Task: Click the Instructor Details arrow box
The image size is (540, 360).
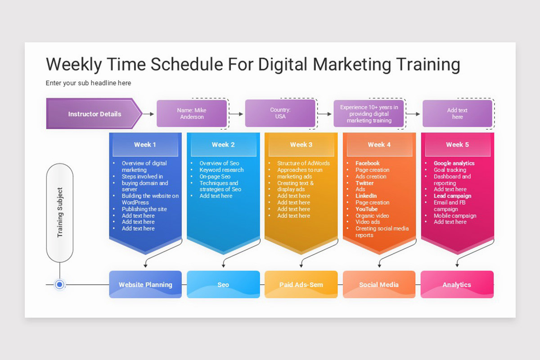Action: click(94, 113)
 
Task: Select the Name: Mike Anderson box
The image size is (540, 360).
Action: click(192, 113)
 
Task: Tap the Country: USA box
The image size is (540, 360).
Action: click(280, 113)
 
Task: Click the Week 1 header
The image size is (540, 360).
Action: click(145, 145)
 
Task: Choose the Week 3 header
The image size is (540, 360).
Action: click(301, 145)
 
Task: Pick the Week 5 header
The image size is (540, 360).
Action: click(457, 145)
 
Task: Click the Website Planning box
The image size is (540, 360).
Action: click(145, 284)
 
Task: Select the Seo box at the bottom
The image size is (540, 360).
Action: click(223, 284)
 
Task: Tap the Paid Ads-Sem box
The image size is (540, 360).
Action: click(301, 284)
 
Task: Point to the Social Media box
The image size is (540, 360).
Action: click(379, 284)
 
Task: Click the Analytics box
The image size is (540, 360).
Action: click(457, 284)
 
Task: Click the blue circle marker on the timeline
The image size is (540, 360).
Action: click(59, 284)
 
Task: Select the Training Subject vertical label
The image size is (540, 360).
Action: click(60, 212)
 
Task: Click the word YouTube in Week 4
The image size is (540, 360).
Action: click(366, 209)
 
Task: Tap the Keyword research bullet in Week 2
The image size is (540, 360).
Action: click(221, 170)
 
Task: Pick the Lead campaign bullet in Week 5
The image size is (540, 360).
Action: click(453, 196)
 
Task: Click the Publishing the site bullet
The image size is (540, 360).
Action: click(144, 209)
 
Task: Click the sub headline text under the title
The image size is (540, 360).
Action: click(88, 83)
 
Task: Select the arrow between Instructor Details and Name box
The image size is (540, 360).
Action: click(148, 114)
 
